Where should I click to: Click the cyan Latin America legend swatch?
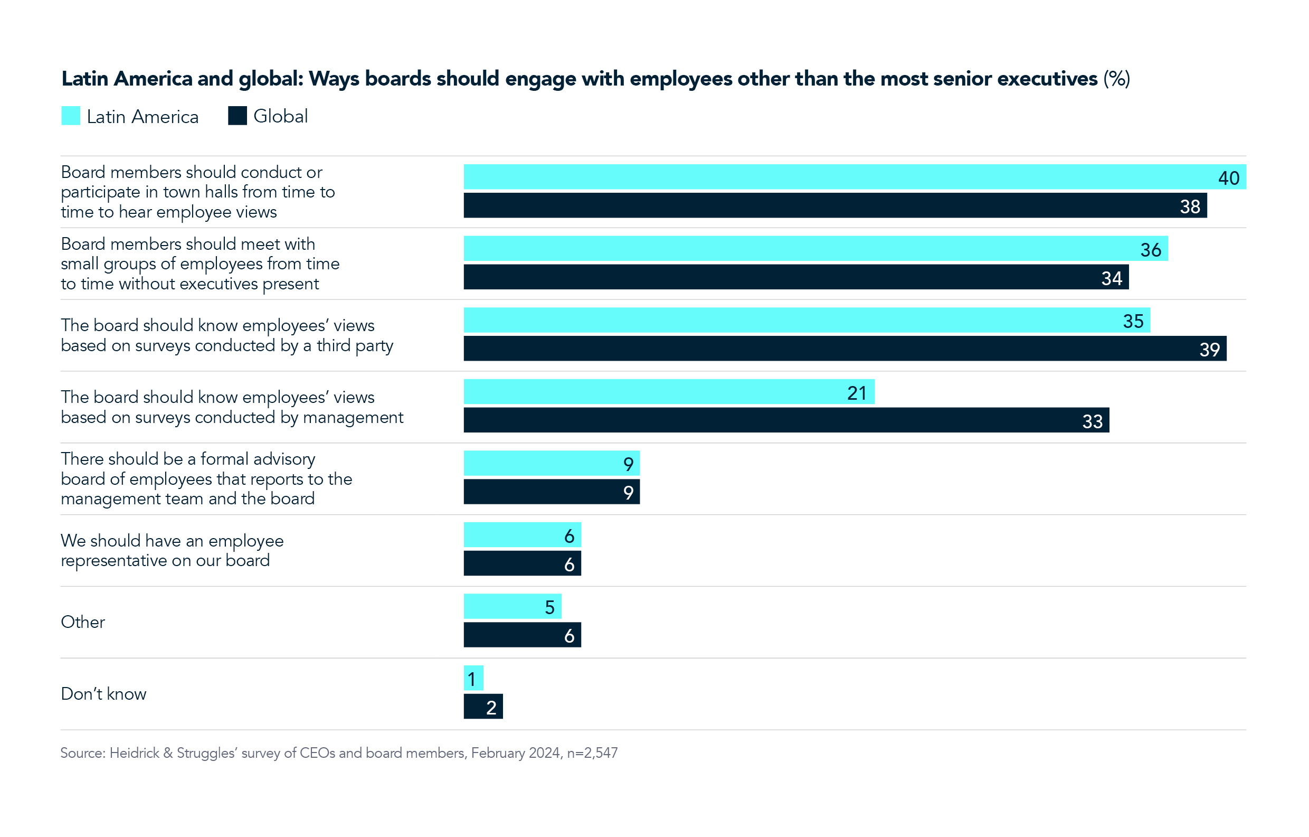[x=71, y=116]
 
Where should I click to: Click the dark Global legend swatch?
[x=238, y=116]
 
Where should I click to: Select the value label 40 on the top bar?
[x=1228, y=178]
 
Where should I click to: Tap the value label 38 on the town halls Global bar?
[x=1189, y=206]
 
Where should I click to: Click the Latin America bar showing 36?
[x=815, y=249]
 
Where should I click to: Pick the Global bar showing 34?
[x=796, y=277]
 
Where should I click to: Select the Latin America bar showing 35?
[x=807, y=321]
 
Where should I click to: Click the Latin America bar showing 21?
[x=669, y=392]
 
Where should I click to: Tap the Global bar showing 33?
[x=786, y=420]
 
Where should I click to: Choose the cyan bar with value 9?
[x=551, y=463]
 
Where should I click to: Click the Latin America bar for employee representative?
[x=522, y=535]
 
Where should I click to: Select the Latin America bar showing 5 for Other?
[x=512, y=607]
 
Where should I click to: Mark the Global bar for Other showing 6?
[x=522, y=635]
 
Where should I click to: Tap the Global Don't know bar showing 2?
[x=483, y=707]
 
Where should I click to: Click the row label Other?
[x=83, y=622]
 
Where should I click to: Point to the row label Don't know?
[x=103, y=694]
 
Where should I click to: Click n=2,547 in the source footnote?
[x=592, y=753]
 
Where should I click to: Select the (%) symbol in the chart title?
[x=1116, y=79]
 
